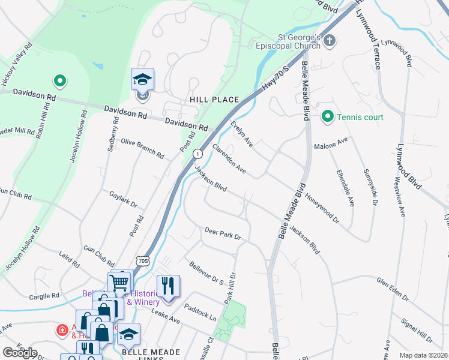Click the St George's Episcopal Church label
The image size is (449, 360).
click(288, 46)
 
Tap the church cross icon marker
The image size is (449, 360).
click(330, 41)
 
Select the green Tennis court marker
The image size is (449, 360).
click(327, 116)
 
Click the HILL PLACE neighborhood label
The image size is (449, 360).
click(214, 100)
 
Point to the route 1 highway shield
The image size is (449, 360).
click(197, 154)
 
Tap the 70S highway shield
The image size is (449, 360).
click(142, 260)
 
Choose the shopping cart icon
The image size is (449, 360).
click(120, 281)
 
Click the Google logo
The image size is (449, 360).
click(20, 352)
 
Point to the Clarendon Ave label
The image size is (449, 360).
click(229, 159)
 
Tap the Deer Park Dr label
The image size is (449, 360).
click(222, 233)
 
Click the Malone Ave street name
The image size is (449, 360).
click(331, 143)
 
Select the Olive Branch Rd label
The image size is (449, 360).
click(142, 148)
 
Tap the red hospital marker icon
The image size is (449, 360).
click(61, 330)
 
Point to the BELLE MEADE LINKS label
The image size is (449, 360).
click(143, 353)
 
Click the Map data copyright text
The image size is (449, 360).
click(423, 355)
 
